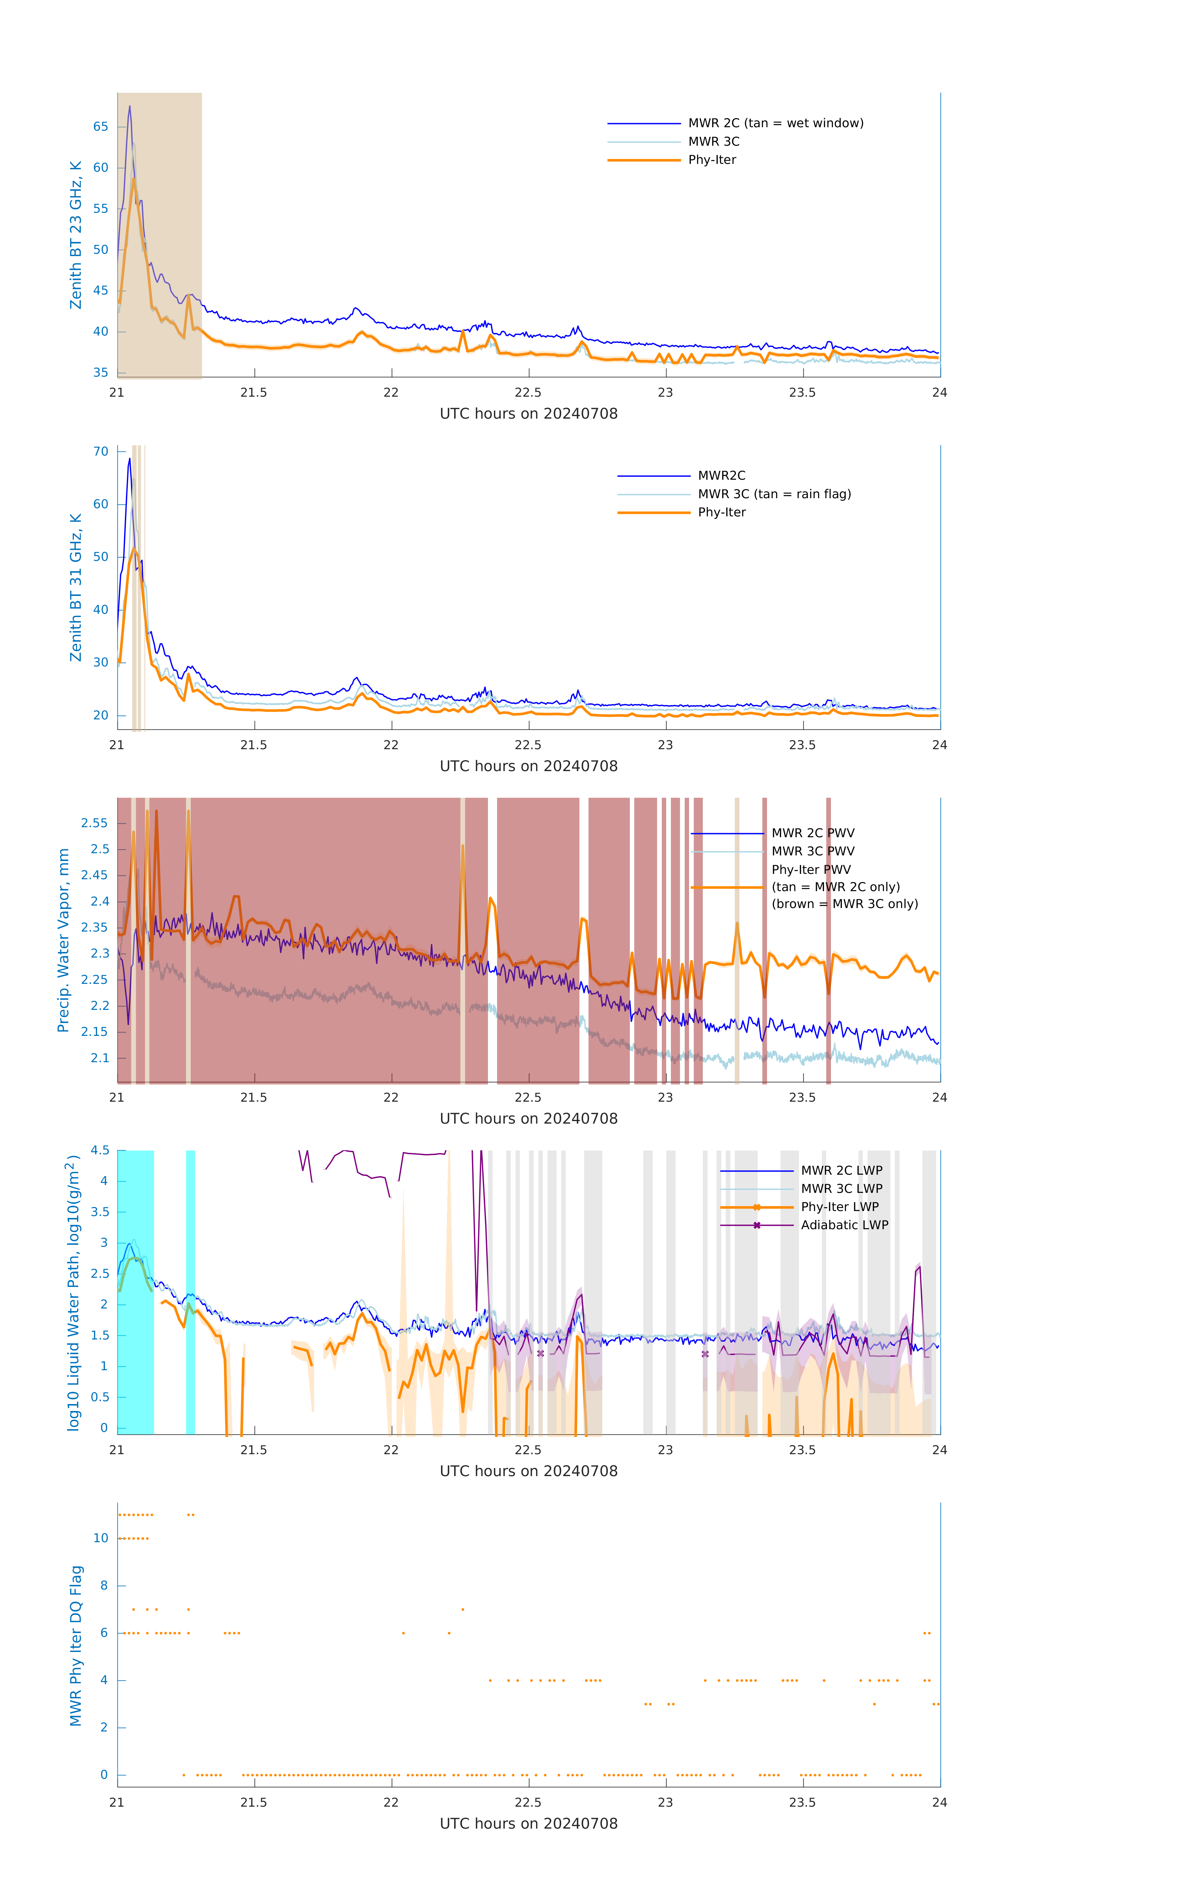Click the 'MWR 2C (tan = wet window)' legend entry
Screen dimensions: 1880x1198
coord(775,123)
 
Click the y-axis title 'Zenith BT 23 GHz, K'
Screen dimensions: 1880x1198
coord(76,235)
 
